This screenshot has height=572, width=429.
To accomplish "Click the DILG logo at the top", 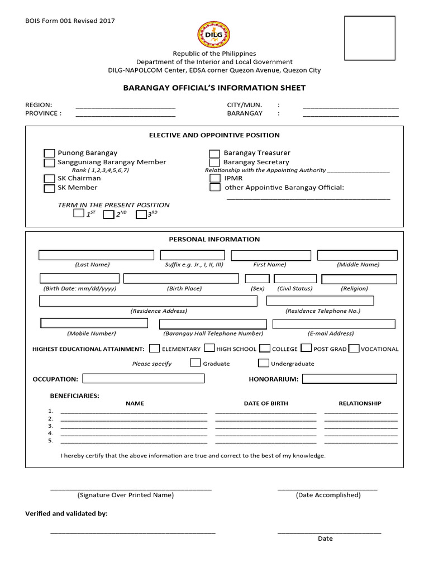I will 213,34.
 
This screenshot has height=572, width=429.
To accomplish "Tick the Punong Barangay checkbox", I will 49,154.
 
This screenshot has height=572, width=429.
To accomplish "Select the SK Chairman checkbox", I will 49,179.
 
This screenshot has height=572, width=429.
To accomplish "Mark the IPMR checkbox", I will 215,178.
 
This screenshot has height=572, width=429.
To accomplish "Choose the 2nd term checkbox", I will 109,214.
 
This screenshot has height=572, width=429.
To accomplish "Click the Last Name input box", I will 96,255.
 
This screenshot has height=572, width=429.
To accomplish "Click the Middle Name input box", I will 357,255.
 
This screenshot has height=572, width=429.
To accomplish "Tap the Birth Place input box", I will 181,278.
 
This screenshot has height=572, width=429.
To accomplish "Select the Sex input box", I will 258,278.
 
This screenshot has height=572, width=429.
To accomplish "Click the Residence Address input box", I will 148,301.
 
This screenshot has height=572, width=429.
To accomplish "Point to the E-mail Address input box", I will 333,324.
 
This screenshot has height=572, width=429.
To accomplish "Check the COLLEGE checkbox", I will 265,349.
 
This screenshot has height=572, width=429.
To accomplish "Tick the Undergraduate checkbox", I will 264,363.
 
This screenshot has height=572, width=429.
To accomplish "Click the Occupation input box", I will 144,379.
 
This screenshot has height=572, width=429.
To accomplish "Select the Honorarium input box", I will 350,379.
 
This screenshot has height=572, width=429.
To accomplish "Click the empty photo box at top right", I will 369,38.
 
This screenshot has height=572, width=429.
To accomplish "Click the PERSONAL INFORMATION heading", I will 214,239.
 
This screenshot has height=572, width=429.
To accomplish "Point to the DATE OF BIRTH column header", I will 265,403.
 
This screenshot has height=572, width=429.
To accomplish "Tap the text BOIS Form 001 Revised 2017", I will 70,21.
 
